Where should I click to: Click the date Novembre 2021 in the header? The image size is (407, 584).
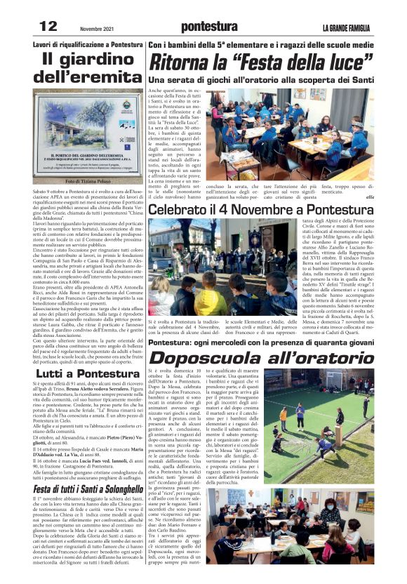96,27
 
